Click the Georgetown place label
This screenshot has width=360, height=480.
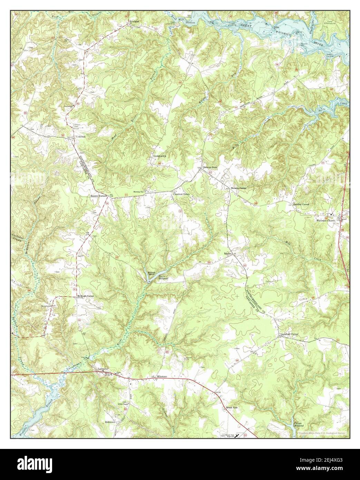coord(160,156)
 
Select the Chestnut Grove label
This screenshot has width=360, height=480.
coord(181,194)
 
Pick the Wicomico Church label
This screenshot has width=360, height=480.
coord(325,220)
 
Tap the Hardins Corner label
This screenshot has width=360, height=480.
coord(301,204)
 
